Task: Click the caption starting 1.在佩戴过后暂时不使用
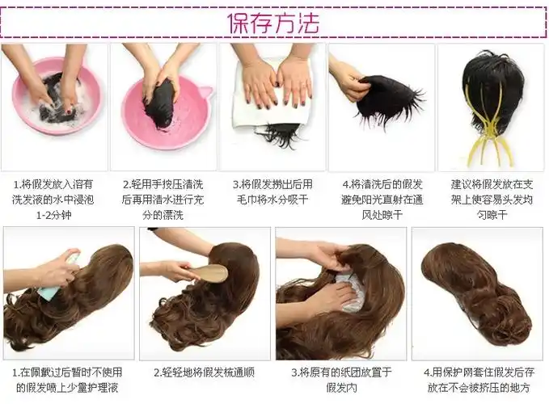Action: coord(68,380)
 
